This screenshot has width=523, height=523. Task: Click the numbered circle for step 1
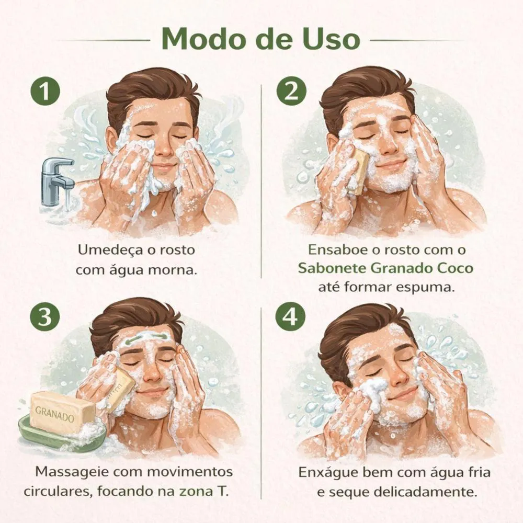(45, 90)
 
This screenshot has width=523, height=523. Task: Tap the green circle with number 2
(291, 90)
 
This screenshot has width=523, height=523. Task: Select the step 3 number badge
(45, 316)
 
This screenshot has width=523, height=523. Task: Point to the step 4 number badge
(290, 316)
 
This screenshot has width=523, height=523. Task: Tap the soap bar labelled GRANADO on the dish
(62, 411)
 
